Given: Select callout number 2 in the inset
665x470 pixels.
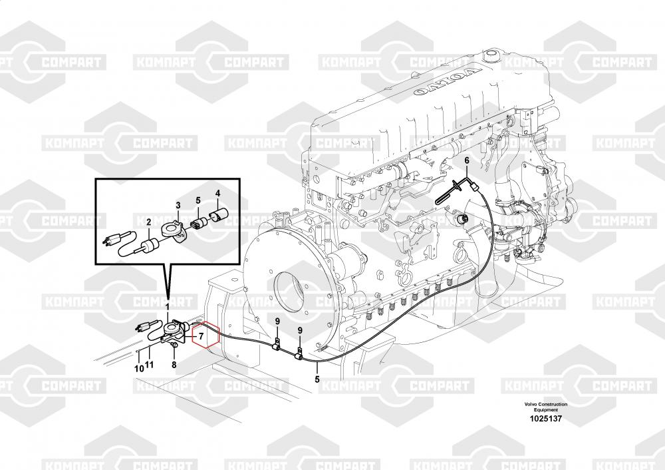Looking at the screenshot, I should (x=148, y=222).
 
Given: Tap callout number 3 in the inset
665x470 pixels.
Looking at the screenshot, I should (x=178, y=204).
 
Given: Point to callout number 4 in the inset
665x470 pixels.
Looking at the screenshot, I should (x=216, y=194).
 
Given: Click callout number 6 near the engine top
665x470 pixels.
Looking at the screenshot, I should (x=466, y=161).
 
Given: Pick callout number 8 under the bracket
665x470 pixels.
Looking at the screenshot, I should (x=174, y=364).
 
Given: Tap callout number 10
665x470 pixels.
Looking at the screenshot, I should (x=139, y=367).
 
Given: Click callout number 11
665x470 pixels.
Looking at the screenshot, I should (x=150, y=365).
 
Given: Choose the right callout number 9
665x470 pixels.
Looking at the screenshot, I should (x=300, y=330).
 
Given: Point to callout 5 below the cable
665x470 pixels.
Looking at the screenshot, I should (x=317, y=379).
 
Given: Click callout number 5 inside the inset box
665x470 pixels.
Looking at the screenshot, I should (x=198, y=200).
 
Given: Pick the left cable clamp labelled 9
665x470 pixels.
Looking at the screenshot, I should (x=277, y=345).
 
